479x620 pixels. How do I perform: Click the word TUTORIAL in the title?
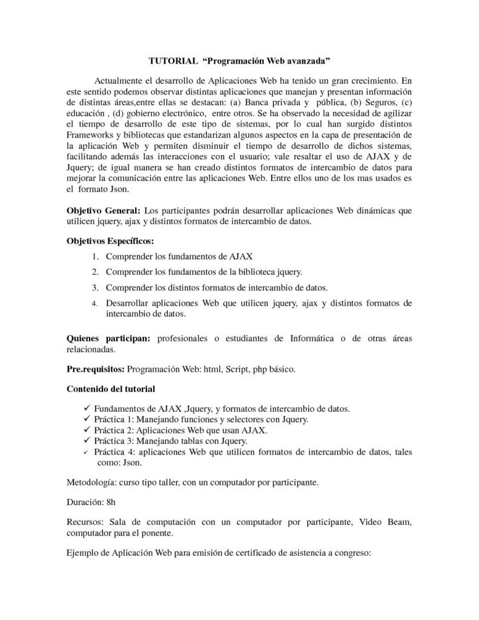[173, 61]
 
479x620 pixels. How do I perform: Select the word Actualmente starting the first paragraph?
[121, 80]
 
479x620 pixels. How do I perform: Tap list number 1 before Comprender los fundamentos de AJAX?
[96, 257]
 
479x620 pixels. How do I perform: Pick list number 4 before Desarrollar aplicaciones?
[95, 303]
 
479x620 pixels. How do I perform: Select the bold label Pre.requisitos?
[95, 369]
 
